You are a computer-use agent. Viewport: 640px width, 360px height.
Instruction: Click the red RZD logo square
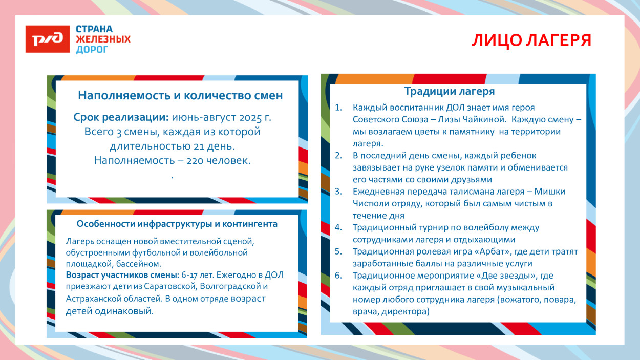(x=48, y=39)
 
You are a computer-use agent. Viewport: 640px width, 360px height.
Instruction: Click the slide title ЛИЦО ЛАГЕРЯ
(x=531, y=40)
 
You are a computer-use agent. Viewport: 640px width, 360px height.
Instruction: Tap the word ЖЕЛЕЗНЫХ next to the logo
(x=103, y=39)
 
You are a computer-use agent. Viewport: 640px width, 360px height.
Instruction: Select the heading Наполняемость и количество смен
(x=180, y=95)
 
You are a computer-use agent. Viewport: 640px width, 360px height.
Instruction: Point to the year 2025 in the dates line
(x=241, y=117)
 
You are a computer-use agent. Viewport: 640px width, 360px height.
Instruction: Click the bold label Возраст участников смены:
(x=122, y=275)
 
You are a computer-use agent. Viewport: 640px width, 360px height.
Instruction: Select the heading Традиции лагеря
(x=450, y=92)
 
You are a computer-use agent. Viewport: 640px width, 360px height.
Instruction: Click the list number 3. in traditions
(x=338, y=192)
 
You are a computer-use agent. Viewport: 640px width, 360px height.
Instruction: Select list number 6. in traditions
(x=338, y=276)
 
